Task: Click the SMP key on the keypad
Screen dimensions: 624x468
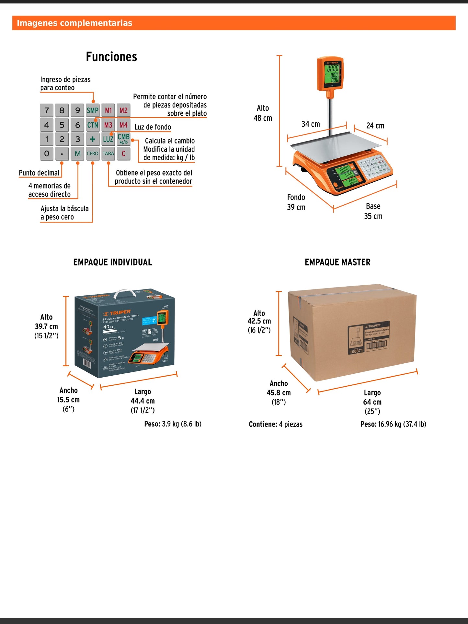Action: (x=93, y=110)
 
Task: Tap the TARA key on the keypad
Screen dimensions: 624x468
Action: (x=108, y=153)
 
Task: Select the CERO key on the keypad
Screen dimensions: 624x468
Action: (x=93, y=153)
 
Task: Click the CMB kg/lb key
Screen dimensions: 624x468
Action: (x=123, y=139)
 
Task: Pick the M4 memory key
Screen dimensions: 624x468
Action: (x=123, y=125)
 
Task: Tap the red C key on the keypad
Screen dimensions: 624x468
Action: (x=123, y=153)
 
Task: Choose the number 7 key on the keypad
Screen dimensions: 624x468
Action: (x=47, y=110)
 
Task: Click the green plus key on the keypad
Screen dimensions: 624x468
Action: (x=93, y=139)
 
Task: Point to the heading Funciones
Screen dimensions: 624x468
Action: (x=111, y=57)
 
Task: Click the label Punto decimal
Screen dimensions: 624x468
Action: (x=39, y=173)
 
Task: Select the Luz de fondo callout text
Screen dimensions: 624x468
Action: (x=153, y=127)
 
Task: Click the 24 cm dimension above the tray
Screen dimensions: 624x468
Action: (x=375, y=126)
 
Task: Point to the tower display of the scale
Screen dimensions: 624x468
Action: (x=330, y=74)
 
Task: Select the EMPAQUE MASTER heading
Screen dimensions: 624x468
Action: (x=337, y=262)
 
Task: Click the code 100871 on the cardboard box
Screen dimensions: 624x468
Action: (x=356, y=351)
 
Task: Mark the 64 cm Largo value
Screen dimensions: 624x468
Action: (x=372, y=402)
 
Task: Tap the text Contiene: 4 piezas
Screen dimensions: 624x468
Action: (x=276, y=424)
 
